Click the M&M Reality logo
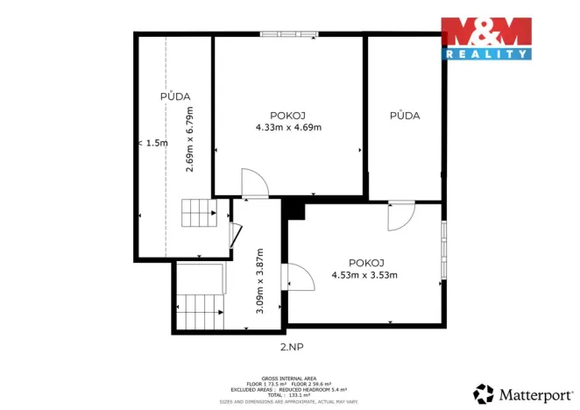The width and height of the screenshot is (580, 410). pos(486,38)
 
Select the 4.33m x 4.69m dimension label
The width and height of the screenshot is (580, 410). pos(288,127)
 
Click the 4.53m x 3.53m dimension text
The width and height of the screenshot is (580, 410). pos(364,275)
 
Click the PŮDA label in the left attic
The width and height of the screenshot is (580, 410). pos(175,96)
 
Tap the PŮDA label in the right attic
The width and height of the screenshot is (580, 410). pos(404,115)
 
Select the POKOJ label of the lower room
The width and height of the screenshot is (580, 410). pos(365,263)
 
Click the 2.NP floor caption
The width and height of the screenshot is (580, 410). pos(290,347)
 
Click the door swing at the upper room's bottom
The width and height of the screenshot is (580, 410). pos(254,182)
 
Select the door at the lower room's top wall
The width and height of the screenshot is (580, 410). pos(401,216)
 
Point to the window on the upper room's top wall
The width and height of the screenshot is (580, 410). pos(287,35)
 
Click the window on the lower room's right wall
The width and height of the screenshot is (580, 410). pos(444,251)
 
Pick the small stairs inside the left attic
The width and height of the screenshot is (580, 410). pos(198,213)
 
